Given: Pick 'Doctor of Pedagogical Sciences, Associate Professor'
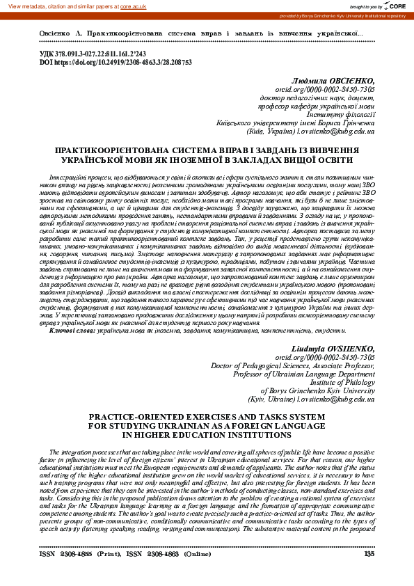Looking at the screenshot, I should click(x=293, y=365).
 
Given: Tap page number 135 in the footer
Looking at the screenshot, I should click(x=369, y=555).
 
